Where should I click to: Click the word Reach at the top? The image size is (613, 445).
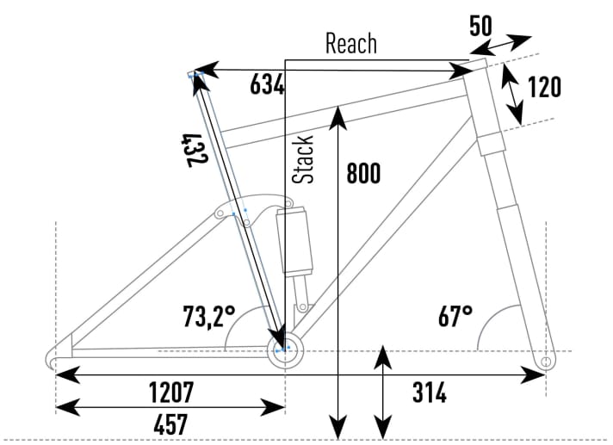coord(350,45)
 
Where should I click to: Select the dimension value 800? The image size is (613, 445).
coord(362,173)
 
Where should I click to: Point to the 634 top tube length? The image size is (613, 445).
coord(267,84)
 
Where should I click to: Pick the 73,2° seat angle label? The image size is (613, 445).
coord(208,317)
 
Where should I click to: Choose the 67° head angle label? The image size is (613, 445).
coord(455,316)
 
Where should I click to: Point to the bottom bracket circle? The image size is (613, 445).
coord(282,349)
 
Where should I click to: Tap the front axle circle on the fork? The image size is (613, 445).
coord(544,362)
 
